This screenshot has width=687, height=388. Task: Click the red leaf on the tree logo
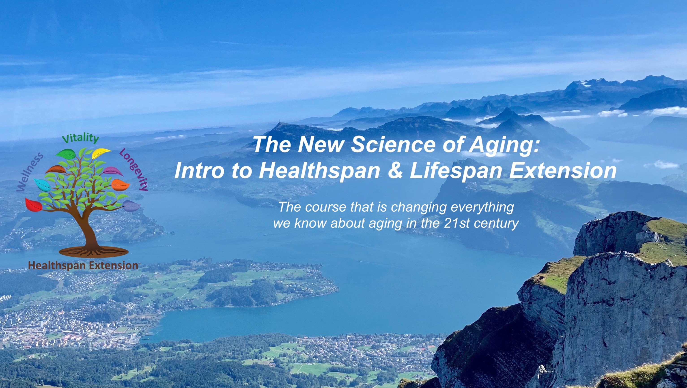[x=33, y=205]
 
